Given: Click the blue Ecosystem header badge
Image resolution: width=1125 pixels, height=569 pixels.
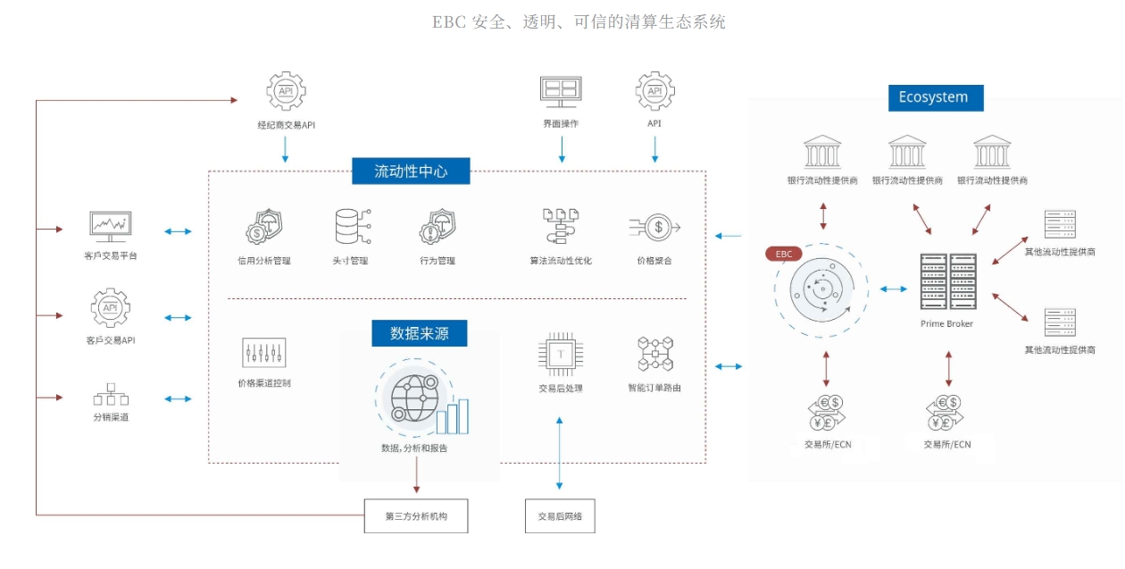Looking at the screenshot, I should [935, 97].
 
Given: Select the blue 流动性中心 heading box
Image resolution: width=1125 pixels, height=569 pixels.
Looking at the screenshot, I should [411, 171].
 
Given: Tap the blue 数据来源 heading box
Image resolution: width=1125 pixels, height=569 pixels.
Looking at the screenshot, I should [420, 333].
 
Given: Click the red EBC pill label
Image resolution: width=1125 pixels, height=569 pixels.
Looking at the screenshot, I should [784, 254].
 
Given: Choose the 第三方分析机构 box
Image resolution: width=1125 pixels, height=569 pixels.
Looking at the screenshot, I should [416, 516].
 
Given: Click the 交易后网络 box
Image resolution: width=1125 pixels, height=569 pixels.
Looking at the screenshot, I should [560, 516].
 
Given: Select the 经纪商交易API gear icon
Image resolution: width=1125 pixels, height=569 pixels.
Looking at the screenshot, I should [286, 91].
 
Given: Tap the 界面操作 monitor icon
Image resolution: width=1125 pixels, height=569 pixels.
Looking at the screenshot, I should [561, 90].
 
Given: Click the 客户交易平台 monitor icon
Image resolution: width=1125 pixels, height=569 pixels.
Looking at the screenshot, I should [111, 227].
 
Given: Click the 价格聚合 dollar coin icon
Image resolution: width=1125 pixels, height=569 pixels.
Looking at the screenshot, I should [656, 228].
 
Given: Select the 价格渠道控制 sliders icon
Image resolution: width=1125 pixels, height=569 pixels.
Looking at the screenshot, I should [263, 353].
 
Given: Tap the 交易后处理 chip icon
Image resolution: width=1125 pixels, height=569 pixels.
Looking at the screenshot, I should [560, 354].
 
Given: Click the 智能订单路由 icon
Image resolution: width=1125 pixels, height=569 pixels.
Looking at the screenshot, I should [655, 354].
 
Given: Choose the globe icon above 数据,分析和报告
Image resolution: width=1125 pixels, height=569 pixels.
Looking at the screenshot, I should [412, 397].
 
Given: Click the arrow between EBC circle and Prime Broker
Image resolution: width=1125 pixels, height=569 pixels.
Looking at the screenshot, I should [893, 289].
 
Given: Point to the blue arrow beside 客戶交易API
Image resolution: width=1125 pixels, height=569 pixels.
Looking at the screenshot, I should [178, 317].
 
